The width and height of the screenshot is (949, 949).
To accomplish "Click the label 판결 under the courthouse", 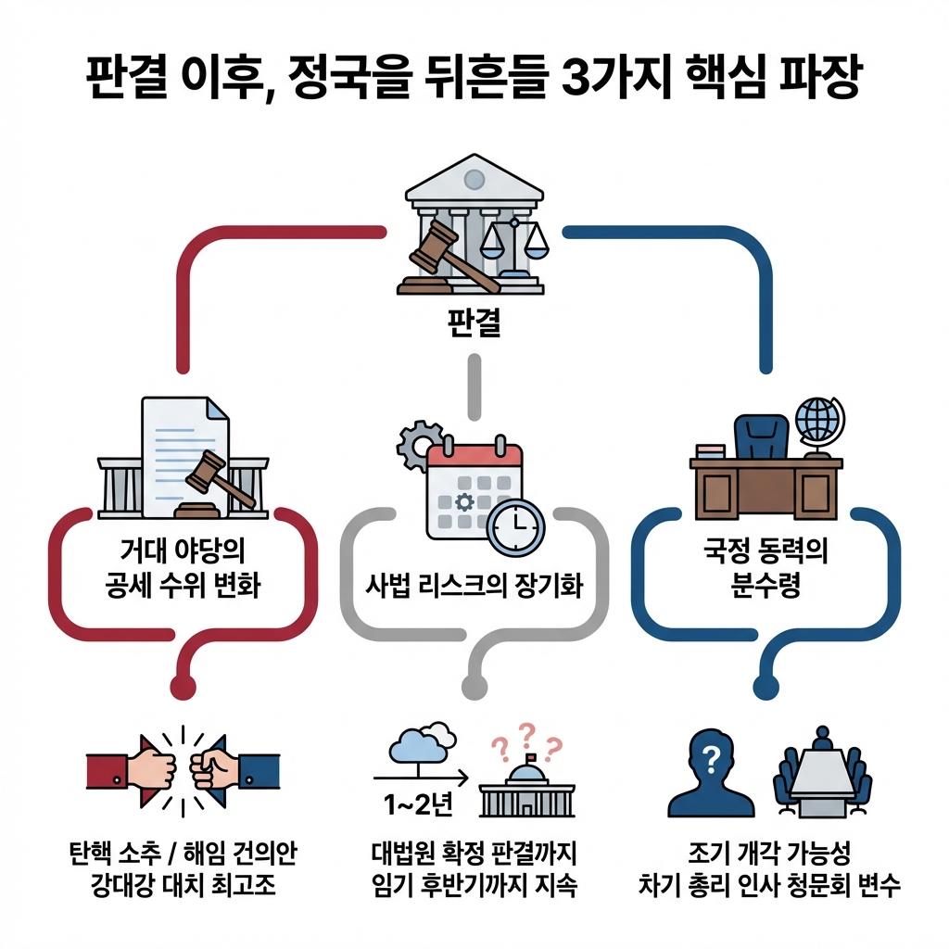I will coord(474,324).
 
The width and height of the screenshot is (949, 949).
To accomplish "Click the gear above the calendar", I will coord(420,445).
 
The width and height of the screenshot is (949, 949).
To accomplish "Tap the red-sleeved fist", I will coord(148,767).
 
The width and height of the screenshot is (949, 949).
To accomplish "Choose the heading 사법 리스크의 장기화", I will coord(474,587).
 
